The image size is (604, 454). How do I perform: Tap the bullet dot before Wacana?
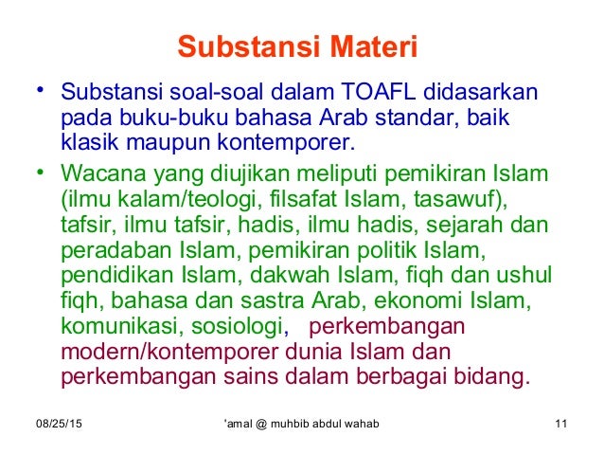pyautogui.click(x=40, y=173)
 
